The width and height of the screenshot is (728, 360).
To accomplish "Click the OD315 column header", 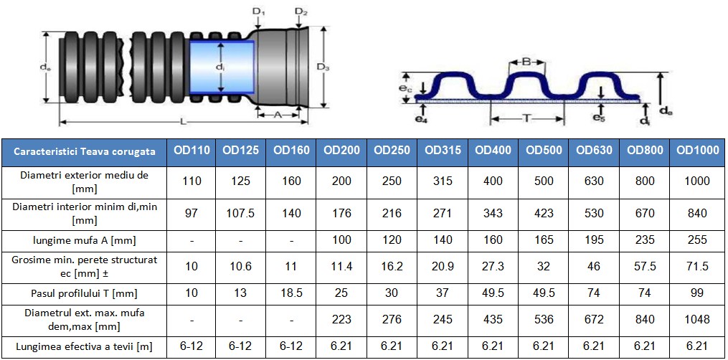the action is [x=443, y=151].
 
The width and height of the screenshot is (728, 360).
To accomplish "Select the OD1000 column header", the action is [x=697, y=151].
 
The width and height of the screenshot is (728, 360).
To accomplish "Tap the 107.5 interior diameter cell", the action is [x=240, y=213].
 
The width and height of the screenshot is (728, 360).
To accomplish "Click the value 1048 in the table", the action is [x=697, y=319].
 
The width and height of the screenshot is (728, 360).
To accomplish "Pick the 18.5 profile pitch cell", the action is [x=291, y=293].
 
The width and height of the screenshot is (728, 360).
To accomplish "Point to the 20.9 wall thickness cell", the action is [x=443, y=266].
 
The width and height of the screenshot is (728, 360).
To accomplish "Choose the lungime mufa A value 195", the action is [x=595, y=240].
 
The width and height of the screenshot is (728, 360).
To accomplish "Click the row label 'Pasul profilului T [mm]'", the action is [x=84, y=293].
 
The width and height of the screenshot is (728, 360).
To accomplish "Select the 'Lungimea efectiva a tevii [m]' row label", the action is [x=84, y=346].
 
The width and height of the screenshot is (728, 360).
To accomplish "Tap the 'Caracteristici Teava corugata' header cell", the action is [x=85, y=151].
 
